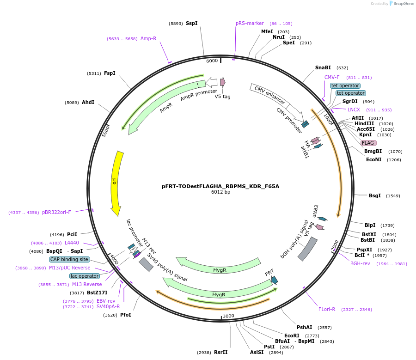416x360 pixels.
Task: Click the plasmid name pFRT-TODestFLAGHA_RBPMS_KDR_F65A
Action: tap(220, 187)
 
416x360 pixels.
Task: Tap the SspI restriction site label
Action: tap(191, 23)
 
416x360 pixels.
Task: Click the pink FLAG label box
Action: tap(368, 143)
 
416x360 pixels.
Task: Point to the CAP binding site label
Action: tap(69, 259)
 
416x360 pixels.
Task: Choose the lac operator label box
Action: tap(85, 276)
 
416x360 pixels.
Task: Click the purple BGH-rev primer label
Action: tap(360, 263)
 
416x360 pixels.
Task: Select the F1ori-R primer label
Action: tap(326, 309)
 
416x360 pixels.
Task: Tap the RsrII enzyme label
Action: tap(220, 352)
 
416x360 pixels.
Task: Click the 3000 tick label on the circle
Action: tap(228, 316)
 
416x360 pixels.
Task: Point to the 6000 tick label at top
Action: tap(212, 61)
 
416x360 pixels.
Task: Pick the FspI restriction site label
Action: tap(110, 73)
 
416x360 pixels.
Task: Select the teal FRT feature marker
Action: tap(275, 280)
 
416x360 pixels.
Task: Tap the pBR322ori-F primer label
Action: tap(56, 212)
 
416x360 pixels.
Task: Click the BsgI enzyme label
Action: tap(374, 195)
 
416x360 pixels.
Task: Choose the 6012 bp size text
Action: tap(220, 192)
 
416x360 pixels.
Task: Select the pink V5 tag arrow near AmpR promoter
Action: tap(223, 82)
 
